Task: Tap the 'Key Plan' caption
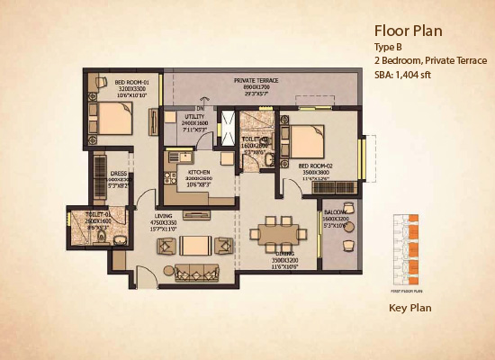pyautogui.click(x=410, y=308)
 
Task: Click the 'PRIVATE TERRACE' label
pyautogui.click(x=256, y=80)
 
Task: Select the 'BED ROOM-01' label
pyautogui.click(x=132, y=84)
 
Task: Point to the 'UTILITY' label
pyautogui.click(x=195, y=117)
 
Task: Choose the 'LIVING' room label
pyautogui.click(x=163, y=216)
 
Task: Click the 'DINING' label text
pyautogui.click(x=287, y=254)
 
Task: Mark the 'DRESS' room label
pyautogui.click(x=119, y=173)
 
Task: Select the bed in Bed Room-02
pyautogui.click(x=308, y=140)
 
